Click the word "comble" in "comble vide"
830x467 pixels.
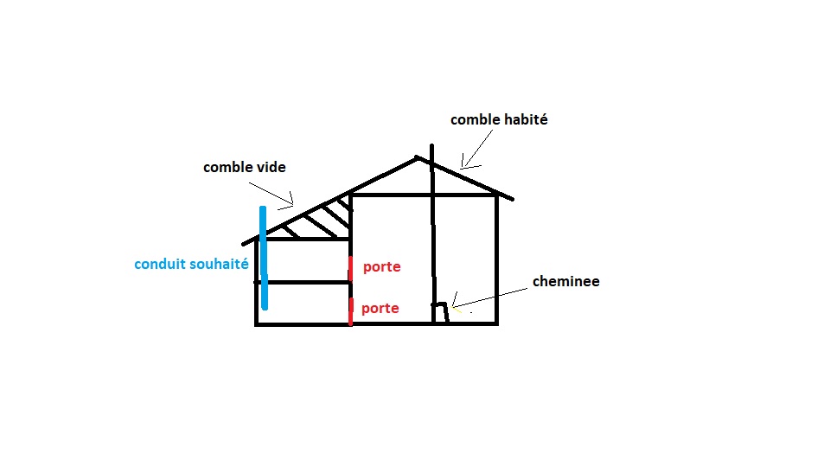click(227, 167)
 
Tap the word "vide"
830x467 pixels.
click(270, 167)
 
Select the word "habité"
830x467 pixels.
click(526, 120)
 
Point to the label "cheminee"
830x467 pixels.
click(565, 281)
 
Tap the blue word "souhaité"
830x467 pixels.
click(220, 265)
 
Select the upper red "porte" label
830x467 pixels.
click(381, 267)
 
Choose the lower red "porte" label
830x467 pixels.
click(380, 309)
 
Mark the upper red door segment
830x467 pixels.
click(350, 268)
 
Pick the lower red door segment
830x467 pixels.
click(350, 310)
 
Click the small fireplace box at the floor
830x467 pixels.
click(440, 313)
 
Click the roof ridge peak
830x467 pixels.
click(418, 157)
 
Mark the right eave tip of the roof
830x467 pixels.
click(513, 200)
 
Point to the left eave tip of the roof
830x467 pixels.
click(245, 243)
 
